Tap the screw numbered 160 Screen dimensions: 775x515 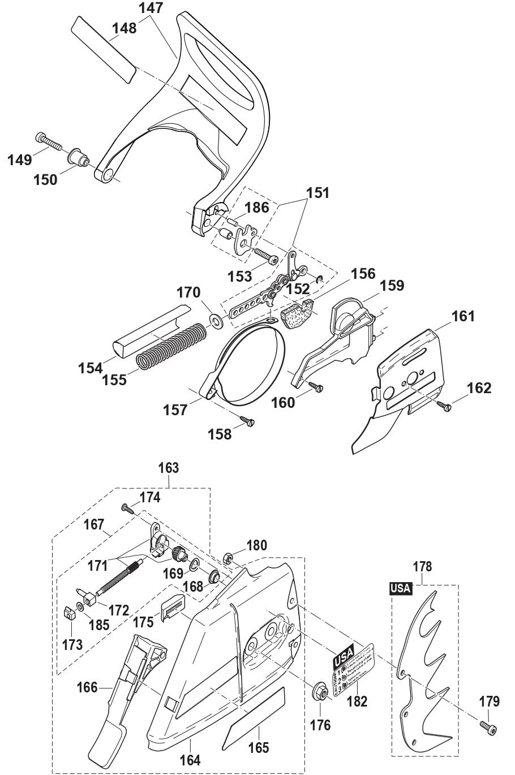316,387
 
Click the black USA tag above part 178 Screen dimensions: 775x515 401,588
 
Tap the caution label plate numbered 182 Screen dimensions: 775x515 354,665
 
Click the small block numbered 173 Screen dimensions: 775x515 68,612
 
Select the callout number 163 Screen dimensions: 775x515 169,468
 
